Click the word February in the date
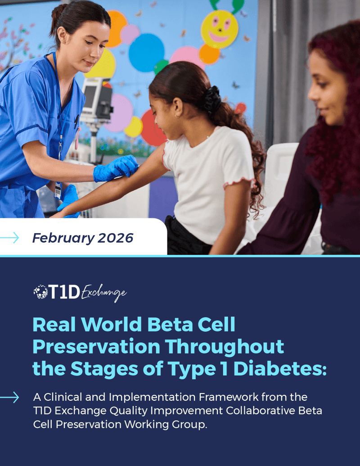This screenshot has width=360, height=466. click(x=63, y=238)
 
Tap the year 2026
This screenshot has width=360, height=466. click(x=116, y=238)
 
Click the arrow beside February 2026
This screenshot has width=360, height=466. click(x=9, y=238)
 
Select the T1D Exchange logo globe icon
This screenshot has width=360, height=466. click(x=40, y=292)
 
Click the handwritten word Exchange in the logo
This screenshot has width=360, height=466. click(x=104, y=293)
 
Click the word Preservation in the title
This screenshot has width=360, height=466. click(x=96, y=347)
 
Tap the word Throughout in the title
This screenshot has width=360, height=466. click(x=225, y=347)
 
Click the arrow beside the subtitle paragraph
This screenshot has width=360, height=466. click(x=9, y=398)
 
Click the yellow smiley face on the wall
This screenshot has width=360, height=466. click(x=219, y=29)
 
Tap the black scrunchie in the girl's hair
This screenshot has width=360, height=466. click(x=212, y=100)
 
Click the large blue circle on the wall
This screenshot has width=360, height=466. click(x=146, y=53)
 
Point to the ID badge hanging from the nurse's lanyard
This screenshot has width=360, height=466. click(x=58, y=190)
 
